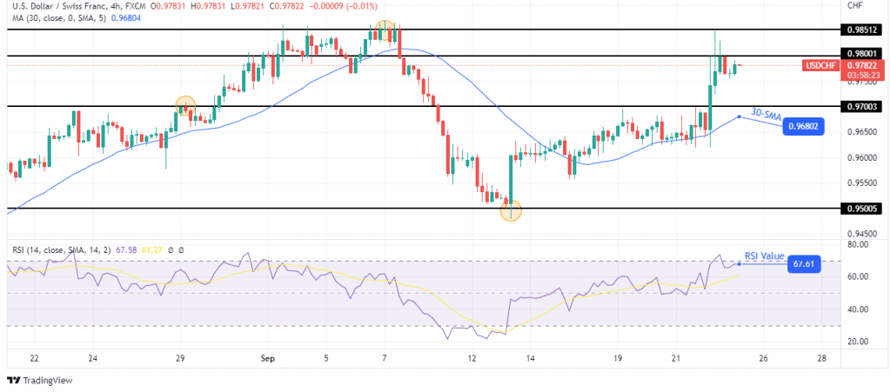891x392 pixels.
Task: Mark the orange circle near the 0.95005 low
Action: pyautogui.click(x=511, y=209)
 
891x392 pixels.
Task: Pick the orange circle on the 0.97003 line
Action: pyautogui.click(x=184, y=106)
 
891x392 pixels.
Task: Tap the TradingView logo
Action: pyautogui.click(x=40, y=379)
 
